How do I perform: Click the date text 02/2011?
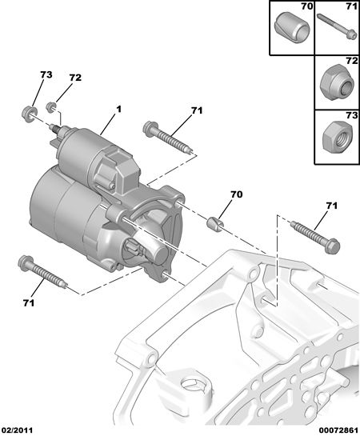click(x=17, y=430)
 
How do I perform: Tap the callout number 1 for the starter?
click(x=118, y=110)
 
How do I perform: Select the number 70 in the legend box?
click(x=307, y=6)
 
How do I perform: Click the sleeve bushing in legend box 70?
click(x=292, y=28)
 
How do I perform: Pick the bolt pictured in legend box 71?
click(x=337, y=26)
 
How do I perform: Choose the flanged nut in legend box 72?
click(x=338, y=82)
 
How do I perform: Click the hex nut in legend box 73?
click(x=338, y=138)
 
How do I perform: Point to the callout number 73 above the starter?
click(x=46, y=74)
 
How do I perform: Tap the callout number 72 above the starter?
click(x=75, y=78)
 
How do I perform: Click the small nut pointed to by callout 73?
click(x=29, y=113)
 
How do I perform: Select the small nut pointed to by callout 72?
click(x=51, y=108)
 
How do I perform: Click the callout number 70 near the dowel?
click(x=236, y=194)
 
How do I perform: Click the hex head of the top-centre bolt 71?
click(x=150, y=130)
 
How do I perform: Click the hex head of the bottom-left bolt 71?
click(x=26, y=264)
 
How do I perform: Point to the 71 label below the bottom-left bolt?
click(x=29, y=303)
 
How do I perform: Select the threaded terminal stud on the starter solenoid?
click(x=55, y=129)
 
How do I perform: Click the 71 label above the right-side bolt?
click(x=331, y=206)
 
